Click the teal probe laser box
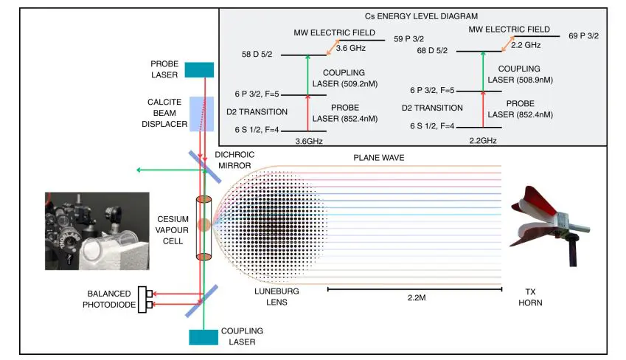pos(199,69)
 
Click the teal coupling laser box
pos(200,336)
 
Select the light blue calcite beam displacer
pos(202,114)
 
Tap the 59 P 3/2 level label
pos(410,39)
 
